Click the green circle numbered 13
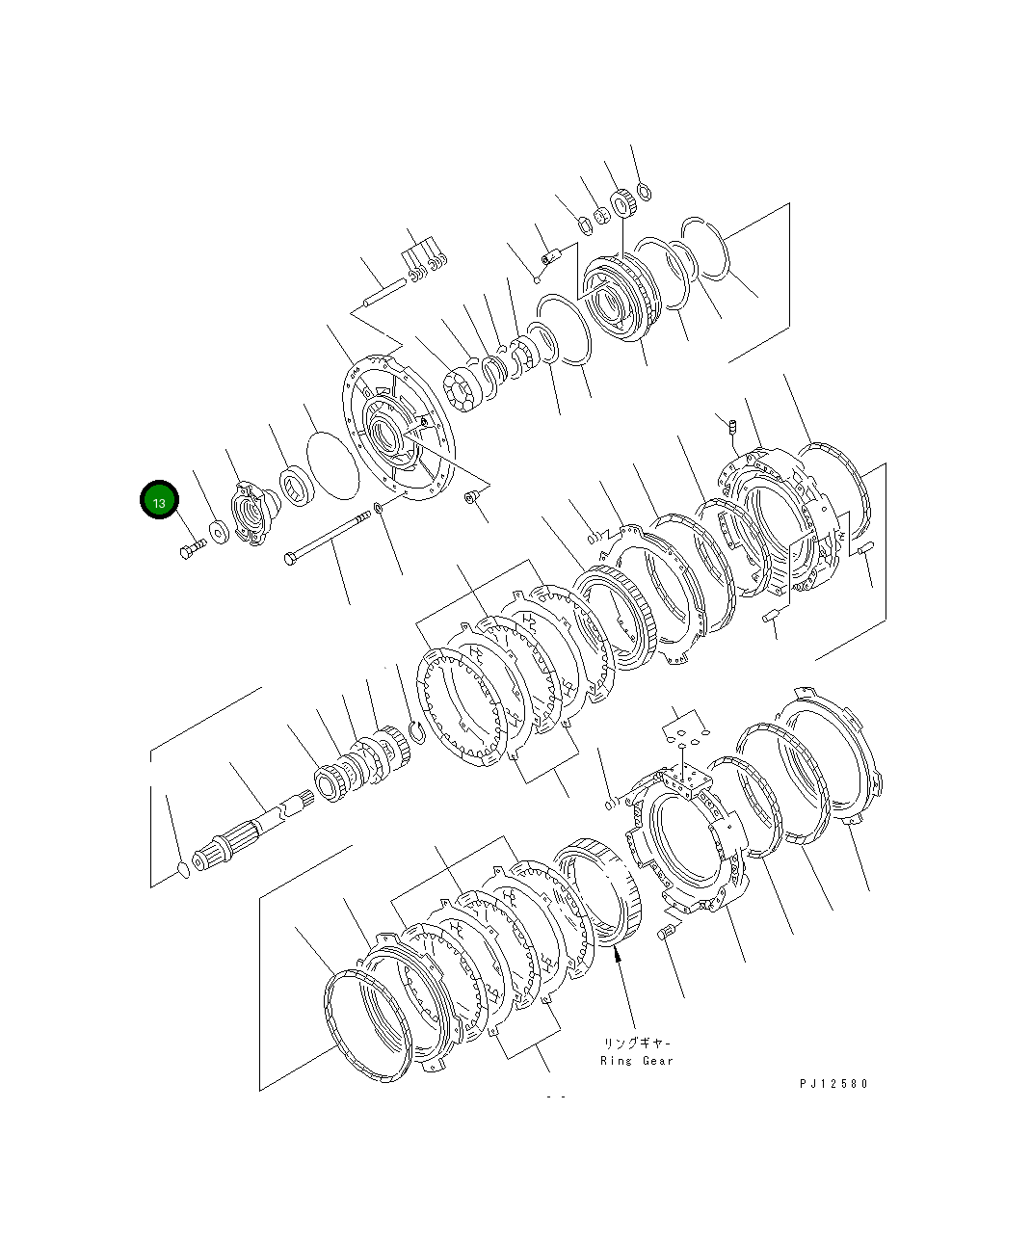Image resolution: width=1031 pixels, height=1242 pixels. (159, 500)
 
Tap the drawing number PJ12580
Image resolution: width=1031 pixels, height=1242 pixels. (833, 1083)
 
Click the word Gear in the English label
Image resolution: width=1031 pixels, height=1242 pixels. (657, 1061)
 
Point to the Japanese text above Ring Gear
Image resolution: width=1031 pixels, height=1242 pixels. (637, 1043)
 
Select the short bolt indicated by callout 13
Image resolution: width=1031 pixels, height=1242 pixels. (193, 548)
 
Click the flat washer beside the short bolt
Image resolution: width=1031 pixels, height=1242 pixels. (219, 532)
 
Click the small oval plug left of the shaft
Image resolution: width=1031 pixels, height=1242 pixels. (184, 870)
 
